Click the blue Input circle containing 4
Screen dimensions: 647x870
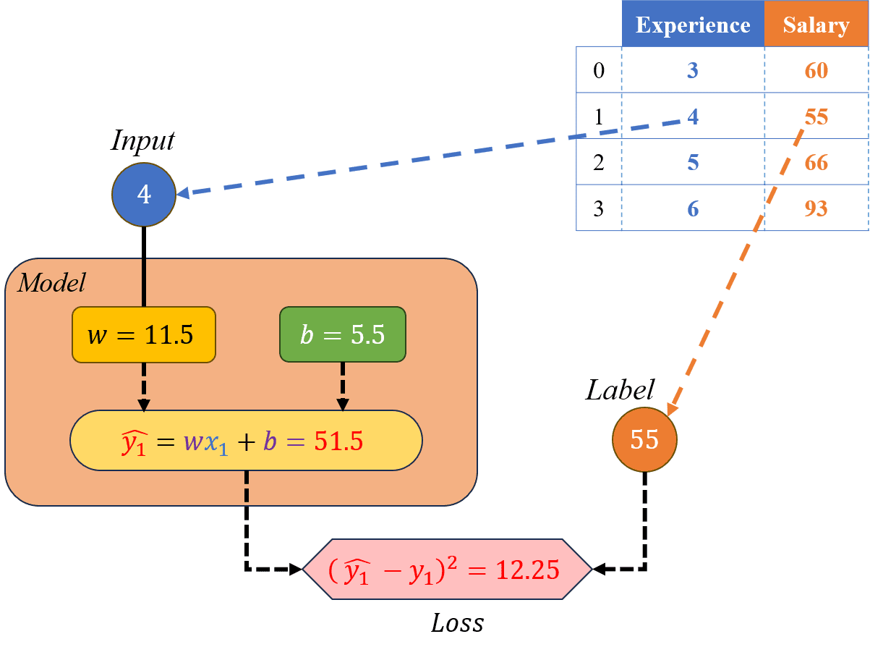(144, 195)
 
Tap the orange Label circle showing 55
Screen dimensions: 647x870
(644, 439)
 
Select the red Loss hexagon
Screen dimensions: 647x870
(447, 569)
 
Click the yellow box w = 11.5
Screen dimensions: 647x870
(143, 334)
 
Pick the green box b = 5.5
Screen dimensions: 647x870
(343, 334)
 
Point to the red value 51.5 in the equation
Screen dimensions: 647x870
(338, 441)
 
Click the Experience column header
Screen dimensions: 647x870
(692, 25)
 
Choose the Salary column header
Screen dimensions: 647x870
(816, 25)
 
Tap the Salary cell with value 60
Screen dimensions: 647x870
(816, 70)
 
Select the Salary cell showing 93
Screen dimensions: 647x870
(816, 208)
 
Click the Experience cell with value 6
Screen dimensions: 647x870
(692, 208)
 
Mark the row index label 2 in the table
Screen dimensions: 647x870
(598, 162)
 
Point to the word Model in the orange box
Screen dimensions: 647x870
(51, 282)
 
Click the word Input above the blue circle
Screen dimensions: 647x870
(142, 140)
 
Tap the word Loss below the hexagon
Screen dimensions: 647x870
(457, 622)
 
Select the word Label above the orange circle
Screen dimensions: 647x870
(620, 391)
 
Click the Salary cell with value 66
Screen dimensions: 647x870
(816, 162)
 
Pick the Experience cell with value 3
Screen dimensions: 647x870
(692, 70)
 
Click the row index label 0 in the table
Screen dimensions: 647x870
(598, 70)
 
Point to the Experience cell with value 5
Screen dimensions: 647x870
(692, 162)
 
